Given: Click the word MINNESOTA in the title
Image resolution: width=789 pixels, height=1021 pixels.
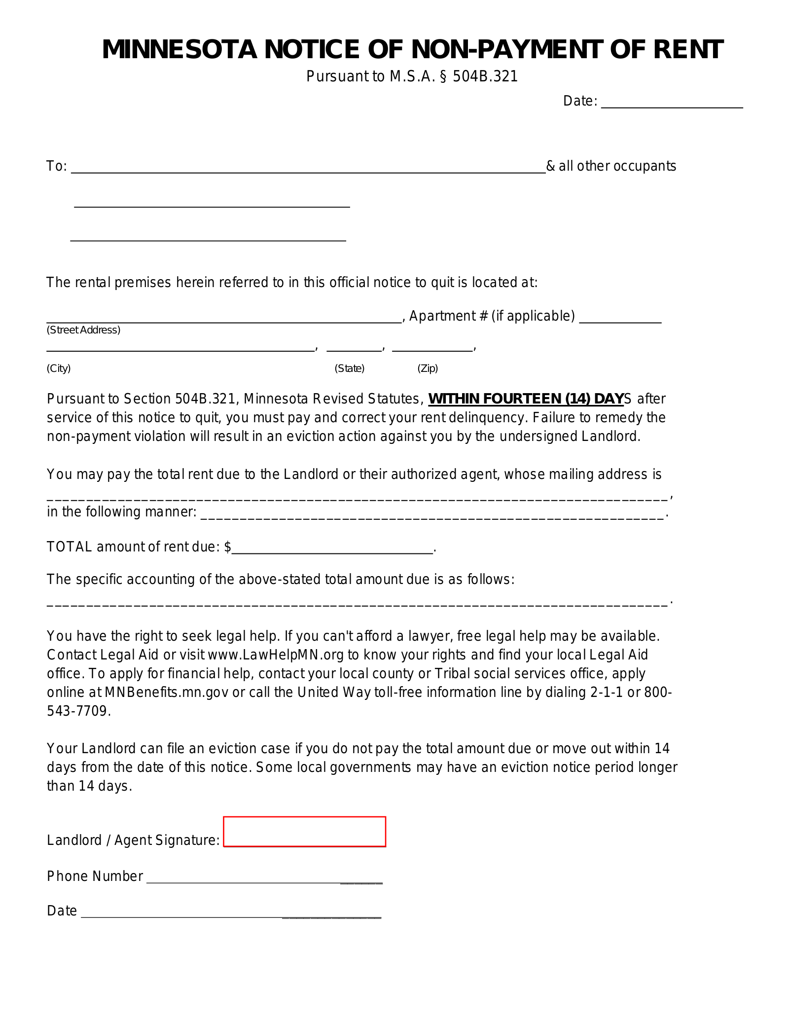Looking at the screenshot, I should [179, 50].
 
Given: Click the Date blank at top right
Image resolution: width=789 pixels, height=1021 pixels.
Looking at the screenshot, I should [671, 102].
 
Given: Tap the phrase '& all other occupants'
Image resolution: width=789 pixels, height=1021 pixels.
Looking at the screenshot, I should [610, 166].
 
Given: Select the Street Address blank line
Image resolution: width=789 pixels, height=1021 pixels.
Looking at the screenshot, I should [224, 317].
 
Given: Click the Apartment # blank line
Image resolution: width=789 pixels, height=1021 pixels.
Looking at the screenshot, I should [620, 317].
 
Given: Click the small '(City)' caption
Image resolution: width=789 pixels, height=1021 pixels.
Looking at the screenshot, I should [59, 368].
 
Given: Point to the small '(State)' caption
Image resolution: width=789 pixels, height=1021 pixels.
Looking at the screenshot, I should [349, 368].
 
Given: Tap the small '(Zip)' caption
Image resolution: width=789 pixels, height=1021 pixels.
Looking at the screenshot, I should [428, 368].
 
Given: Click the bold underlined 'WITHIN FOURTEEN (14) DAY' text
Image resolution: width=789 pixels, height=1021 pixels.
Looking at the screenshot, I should [526, 399].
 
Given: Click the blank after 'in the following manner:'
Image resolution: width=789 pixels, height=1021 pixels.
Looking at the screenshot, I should [432, 513].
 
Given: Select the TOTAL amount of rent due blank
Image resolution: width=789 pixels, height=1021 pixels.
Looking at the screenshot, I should [332, 548].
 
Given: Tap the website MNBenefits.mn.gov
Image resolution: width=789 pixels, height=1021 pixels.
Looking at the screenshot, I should [166, 693].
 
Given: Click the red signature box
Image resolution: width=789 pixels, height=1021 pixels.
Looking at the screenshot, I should [304, 832].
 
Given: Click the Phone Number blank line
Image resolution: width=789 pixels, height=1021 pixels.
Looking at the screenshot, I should [264, 877].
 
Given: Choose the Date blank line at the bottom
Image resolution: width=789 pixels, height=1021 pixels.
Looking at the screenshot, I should [231, 912].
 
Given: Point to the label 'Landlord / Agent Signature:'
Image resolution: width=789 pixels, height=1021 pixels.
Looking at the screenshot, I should [133, 840].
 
